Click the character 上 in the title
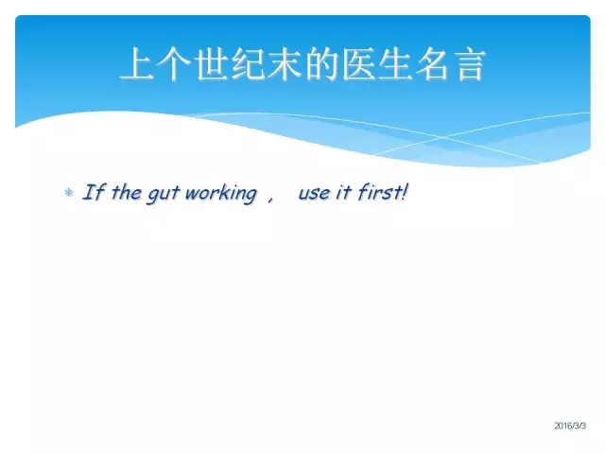[x=138, y=63]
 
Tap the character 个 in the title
[x=175, y=63]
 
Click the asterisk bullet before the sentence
[x=69, y=192]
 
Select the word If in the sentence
[x=94, y=192]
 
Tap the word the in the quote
[x=127, y=192]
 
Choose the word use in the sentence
[x=314, y=194]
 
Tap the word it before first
[x=342, y=192]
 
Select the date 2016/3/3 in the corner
[x=570, y=426]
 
